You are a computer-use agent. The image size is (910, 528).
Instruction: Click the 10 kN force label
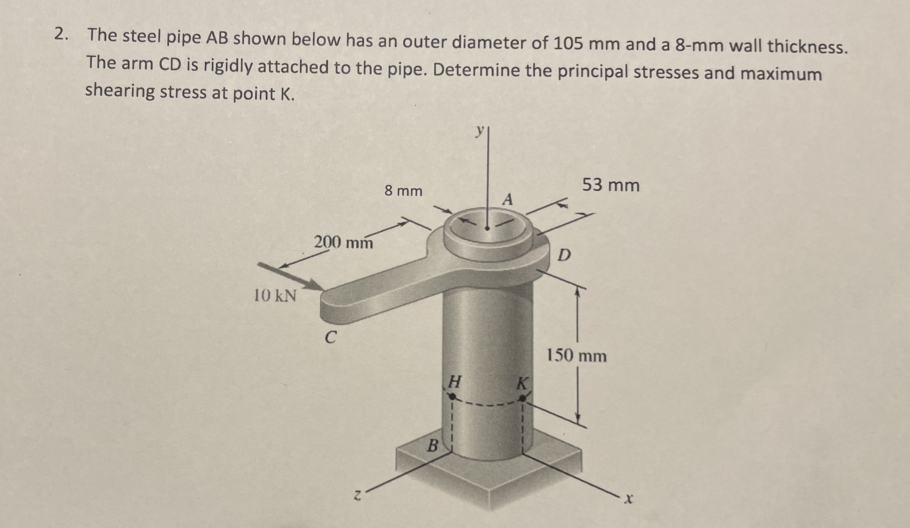click(275, 296)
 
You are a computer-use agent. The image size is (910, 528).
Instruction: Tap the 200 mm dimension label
click(343, 242)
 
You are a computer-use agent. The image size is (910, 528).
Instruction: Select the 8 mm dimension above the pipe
click(403, 191)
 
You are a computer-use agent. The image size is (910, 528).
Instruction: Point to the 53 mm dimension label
click(611, 186)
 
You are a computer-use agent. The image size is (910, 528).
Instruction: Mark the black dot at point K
click(522, 398)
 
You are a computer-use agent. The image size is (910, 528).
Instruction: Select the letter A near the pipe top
click(508, 199)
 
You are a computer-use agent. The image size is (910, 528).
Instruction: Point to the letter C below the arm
click(330, 337)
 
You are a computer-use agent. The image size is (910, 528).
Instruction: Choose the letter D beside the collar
click(564, 256)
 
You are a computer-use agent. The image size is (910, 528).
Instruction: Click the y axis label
click(479, 131)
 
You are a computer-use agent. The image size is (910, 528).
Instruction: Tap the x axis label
click(630, 500)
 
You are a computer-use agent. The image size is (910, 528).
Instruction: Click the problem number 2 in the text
click(60, 35)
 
